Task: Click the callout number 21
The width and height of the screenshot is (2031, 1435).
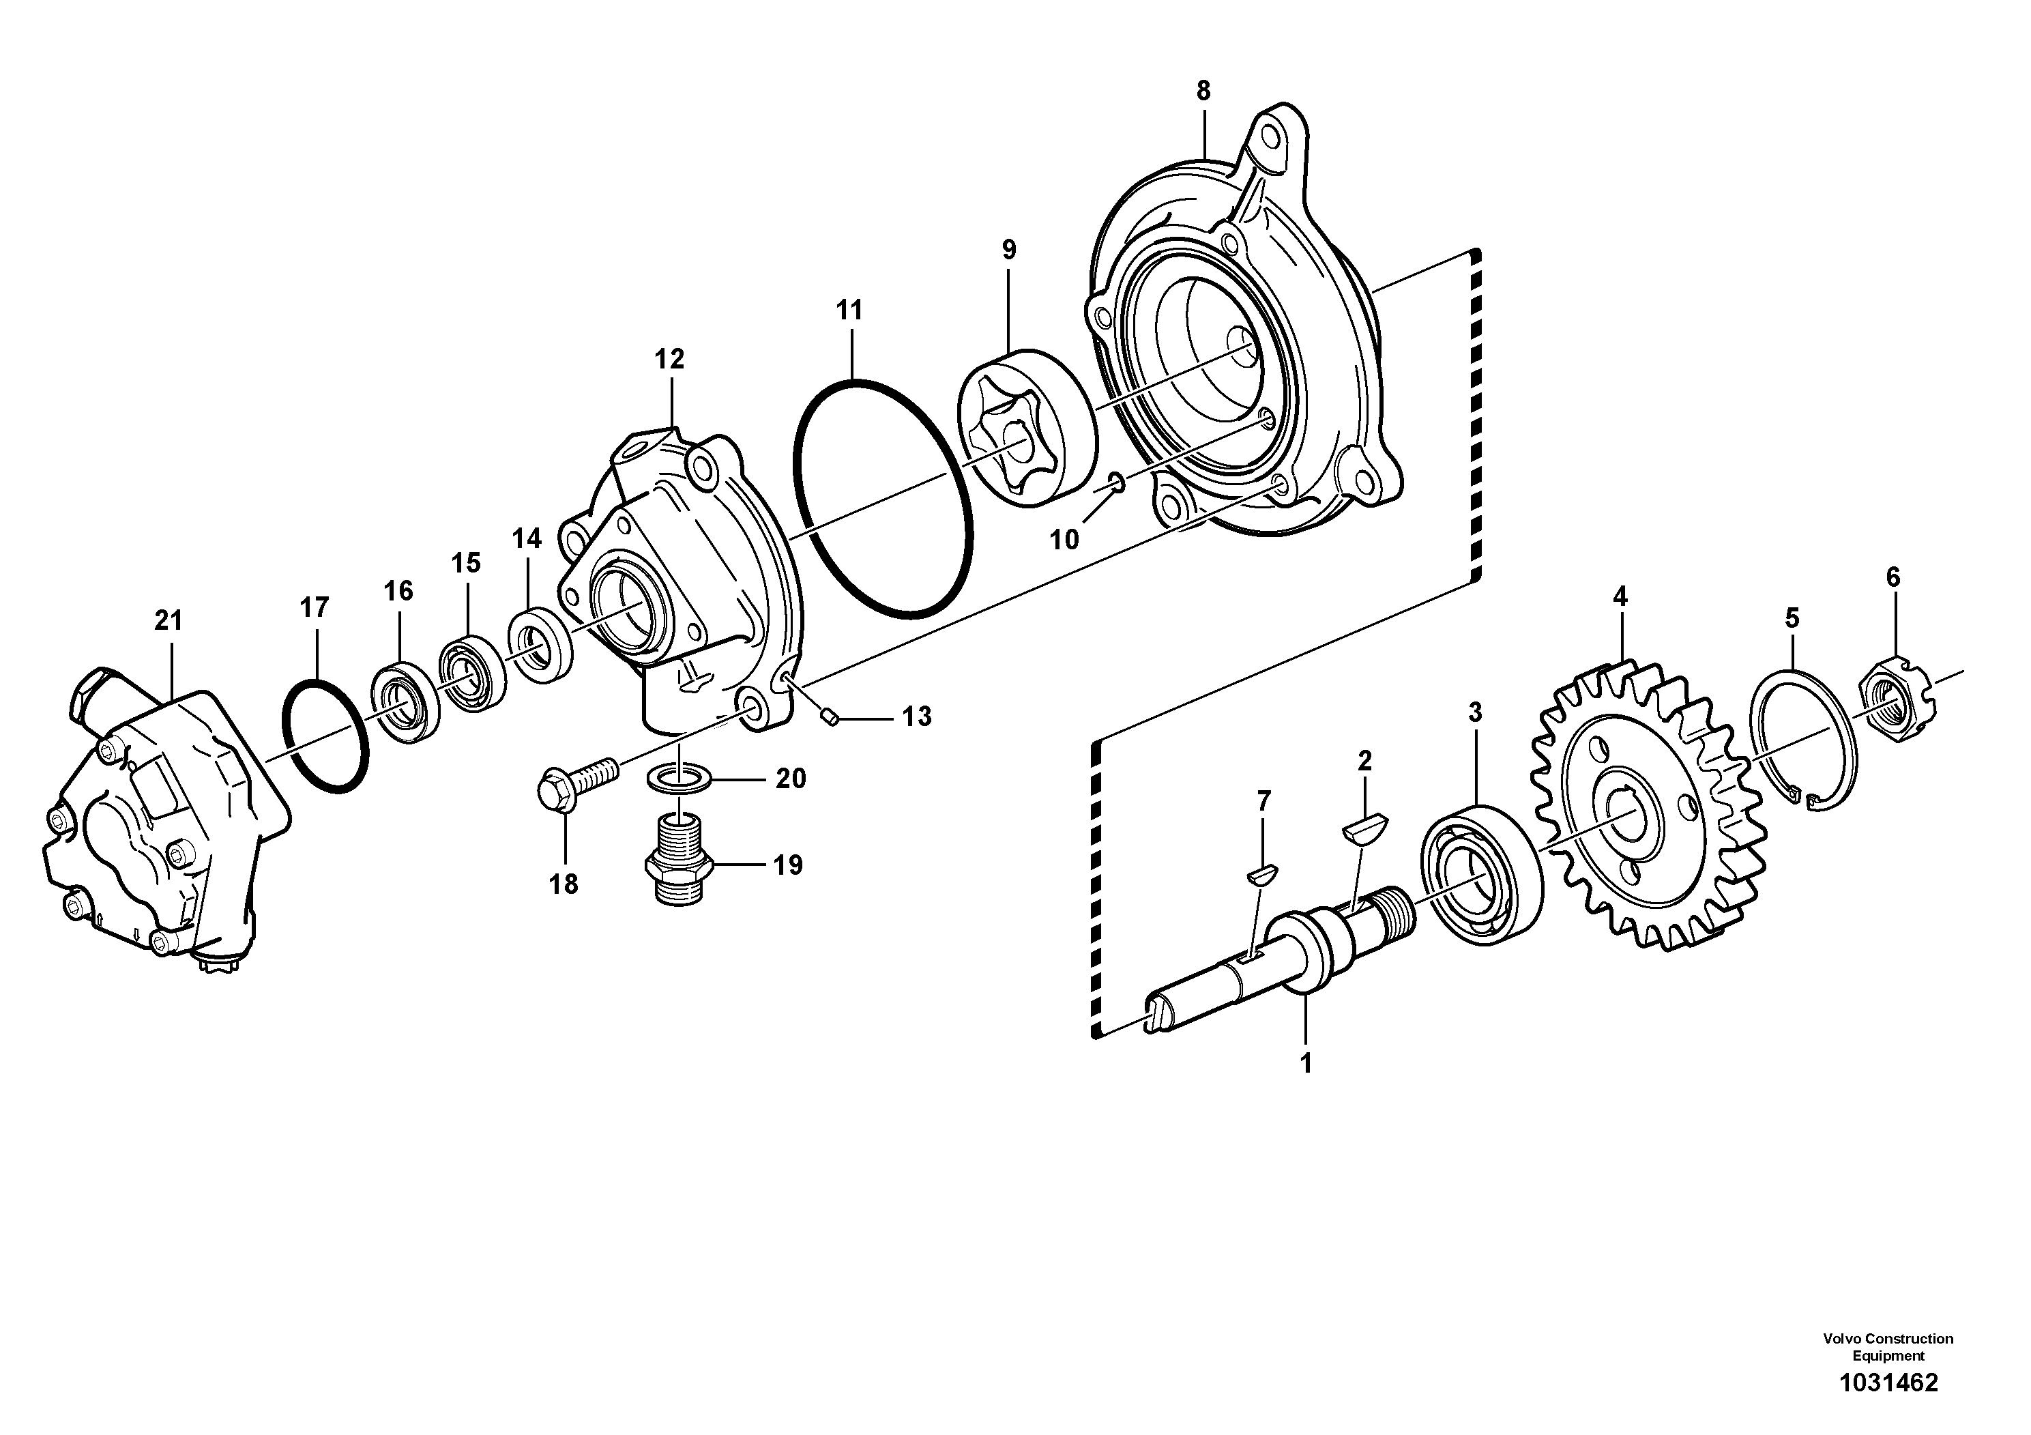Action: [x=168, y=621]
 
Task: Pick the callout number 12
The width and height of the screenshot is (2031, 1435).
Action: [x=670, y=359]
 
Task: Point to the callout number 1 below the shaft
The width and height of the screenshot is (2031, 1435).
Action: [x=1306, y=1062]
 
